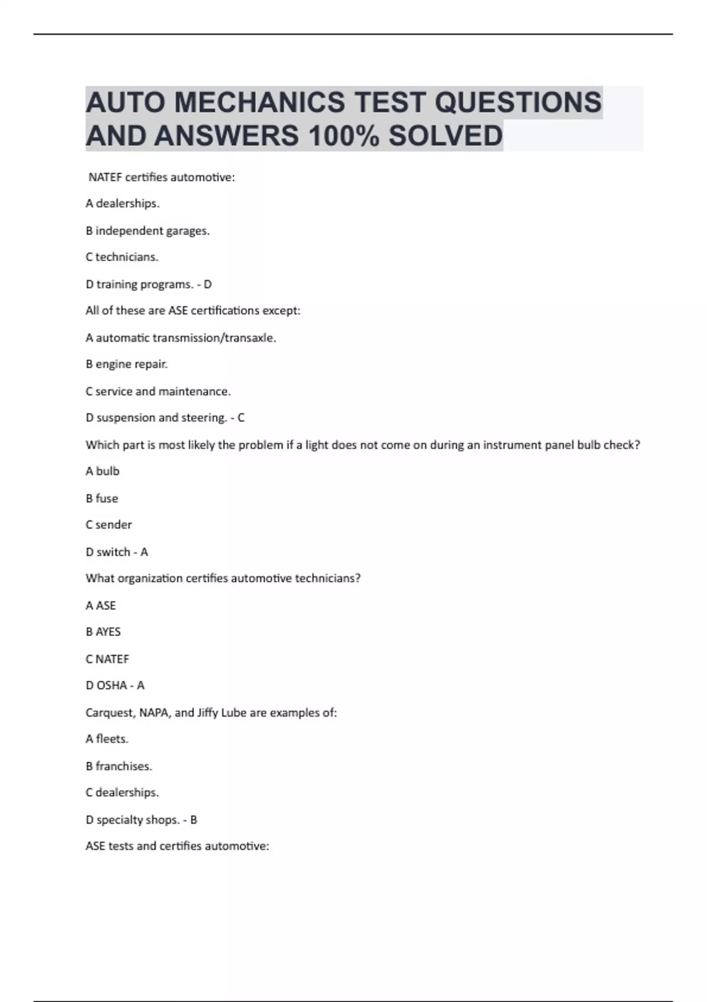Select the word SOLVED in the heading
pyautogui.click(x=445, y=136)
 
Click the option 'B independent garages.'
pyautogui.click(x=147, y=230)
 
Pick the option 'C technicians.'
pyautogui.click(x=122, y=257)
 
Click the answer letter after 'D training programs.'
pyautogui.click(x=207, y=284)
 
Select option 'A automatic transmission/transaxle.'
pyautogui.click(x=181, y=338)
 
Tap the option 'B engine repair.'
pyautogui.click(x=127, y=364)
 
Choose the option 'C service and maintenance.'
pyautogui.click(x=158, y=391)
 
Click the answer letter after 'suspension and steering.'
pyautogui.click(x=240, y=418)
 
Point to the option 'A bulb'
pyautogui.click(x=103, y=471)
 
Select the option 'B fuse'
pyautogui.click(x=102, y=498)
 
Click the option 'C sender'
pyautogui.click(x=108, y=525)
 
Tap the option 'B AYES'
pyautogui.click(x=103, y=632)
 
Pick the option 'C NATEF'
pyautogui.click(x=107, y=659)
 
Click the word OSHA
pyautogui.click(x=111, y=685)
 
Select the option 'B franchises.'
pyautogui.click(x=119, y=766)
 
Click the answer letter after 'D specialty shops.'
pyautogui.click(x=193, y=820)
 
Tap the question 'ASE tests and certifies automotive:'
pyautogui.click(x=177, y=846)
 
